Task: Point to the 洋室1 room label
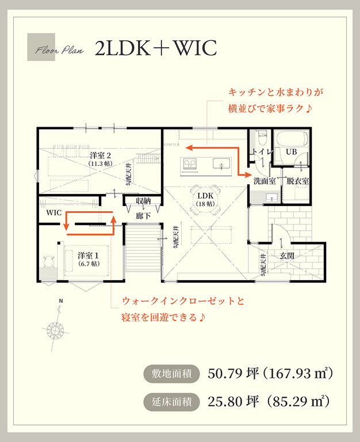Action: tap(87, 258)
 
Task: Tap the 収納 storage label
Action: tap(143, 201)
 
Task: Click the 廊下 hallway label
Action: tap(143, 216)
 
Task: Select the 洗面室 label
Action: tap(265, 181)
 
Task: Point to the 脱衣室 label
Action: tap(298, 181)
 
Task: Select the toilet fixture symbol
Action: tap(262, 139)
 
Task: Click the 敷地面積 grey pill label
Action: tap(171, 374)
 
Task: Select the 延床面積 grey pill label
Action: tap(171, 401)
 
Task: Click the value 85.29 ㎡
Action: tap(298, 401)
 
